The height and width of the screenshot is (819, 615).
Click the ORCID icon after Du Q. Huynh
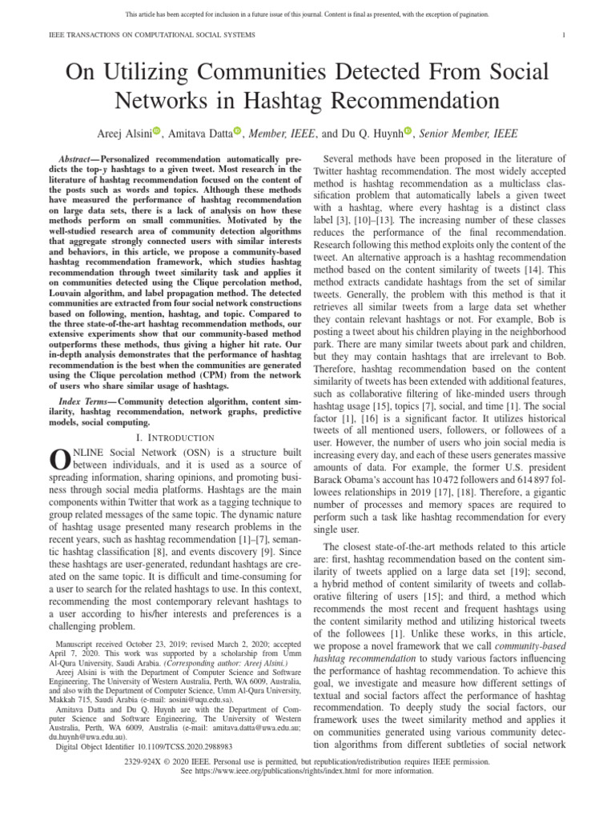408,131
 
